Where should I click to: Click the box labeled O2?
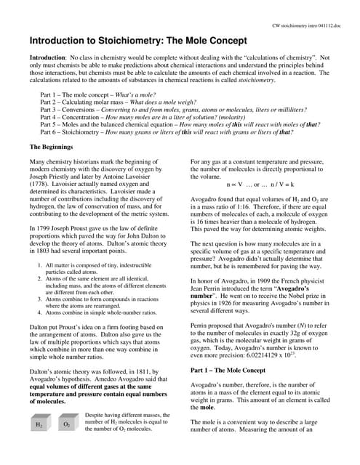[x=66, y=423]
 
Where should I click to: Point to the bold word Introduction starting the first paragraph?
[x=47, y=57]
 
